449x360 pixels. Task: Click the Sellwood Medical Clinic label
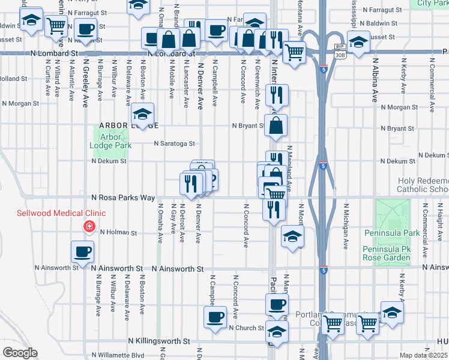(61, 213)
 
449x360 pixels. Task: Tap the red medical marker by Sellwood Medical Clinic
(89, 226)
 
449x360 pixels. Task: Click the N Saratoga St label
(175, 143)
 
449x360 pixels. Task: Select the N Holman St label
(119, 233)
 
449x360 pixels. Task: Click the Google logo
(20, 353)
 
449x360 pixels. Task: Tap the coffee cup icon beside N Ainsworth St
(83, 252)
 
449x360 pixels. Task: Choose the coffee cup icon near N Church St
(214, 317)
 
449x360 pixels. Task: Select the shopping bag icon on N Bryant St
(275, 126)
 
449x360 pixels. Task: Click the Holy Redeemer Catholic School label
(423, 185)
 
